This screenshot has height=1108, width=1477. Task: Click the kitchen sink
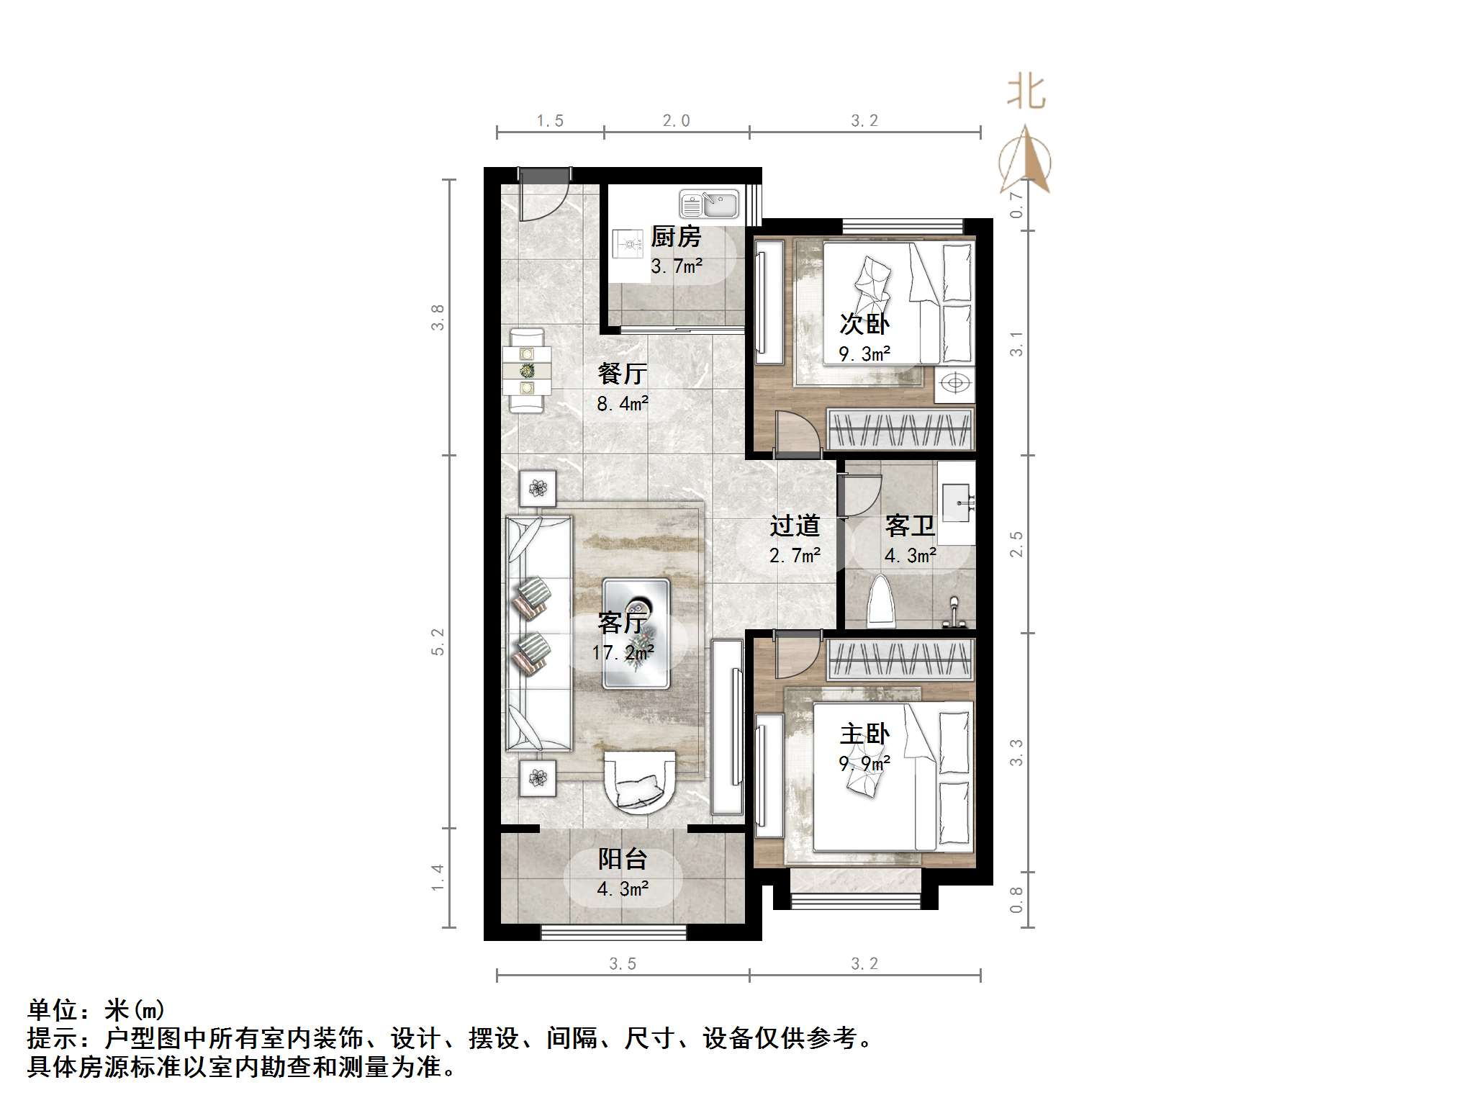coord(709,204)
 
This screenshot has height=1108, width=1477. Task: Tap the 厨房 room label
coord(676,237)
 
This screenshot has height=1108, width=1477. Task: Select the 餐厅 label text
coord(622,374)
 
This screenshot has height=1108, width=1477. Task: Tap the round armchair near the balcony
coord(640,782)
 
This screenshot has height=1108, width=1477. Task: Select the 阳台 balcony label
coord(623,859)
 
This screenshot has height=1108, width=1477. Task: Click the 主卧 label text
coord(864,734)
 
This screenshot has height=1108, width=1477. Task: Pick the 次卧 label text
coord(864,324)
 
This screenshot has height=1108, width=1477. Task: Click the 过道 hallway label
coord(795,526)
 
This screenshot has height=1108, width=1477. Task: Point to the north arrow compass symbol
coord(1025,161)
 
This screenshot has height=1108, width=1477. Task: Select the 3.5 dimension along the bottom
coord(623,963)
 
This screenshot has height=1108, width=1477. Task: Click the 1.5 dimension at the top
coord(550,121)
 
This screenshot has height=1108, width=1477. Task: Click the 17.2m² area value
coord(623,652)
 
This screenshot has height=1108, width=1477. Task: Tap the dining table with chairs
coord(528,371)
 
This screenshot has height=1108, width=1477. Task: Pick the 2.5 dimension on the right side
coord(1016,544)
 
